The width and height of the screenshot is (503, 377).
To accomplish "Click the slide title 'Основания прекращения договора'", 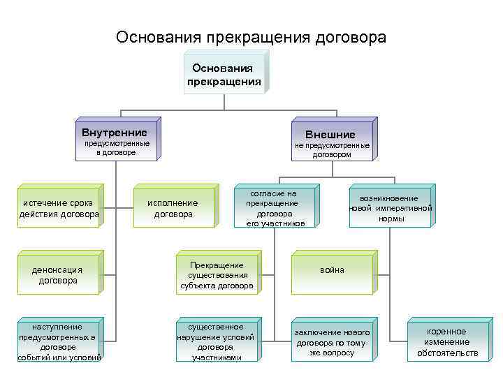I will [x=251, y=36].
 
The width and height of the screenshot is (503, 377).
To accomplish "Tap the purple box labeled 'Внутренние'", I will [x=115, y=132].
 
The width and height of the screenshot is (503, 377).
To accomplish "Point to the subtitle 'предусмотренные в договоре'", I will [x=117, y=147].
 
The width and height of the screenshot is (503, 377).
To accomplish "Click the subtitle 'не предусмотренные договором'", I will [x=332, y=150].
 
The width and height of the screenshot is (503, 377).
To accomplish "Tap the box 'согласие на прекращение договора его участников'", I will [x=275, y=208].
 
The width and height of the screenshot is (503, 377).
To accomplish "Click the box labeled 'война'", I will [x=333, y=270].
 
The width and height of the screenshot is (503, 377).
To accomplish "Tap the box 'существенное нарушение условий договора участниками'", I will [x=219, y=341].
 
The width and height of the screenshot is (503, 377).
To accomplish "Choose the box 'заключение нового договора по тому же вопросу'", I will [x=333, y=342].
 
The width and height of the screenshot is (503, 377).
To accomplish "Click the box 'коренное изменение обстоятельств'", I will [x=448, y=342].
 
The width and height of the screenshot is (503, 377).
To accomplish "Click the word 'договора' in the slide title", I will [x=349, y=36].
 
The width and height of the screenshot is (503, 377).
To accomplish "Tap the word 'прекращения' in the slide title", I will [x=256, y=36].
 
